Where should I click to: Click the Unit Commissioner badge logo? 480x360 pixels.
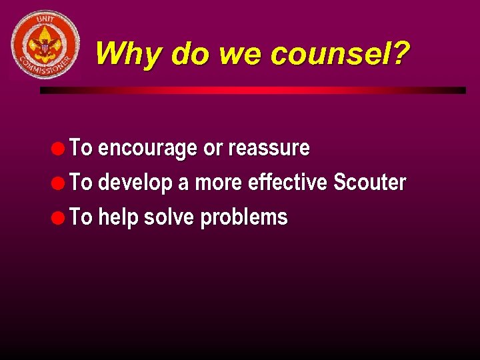[45, 45]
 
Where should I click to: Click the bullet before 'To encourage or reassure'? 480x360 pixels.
[60, 148]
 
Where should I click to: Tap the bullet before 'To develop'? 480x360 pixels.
[60, 183]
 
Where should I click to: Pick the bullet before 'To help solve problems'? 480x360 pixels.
[60, 217]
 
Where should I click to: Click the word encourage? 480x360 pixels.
[147, 149]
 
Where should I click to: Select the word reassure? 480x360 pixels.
[269, 149]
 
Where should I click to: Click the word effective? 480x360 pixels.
[287, 183]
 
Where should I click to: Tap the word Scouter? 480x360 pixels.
[369, 183]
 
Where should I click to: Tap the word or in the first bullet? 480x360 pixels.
[213, 149]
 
